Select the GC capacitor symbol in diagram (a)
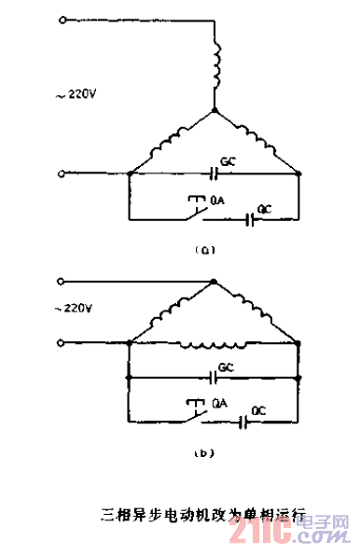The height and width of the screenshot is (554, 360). click(x=216, y=173)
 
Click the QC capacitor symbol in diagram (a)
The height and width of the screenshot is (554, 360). click(x=250, y=220)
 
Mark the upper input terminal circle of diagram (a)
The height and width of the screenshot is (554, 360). click(x=62, y=18)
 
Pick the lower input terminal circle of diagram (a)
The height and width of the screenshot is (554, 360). click(x=62, y=173)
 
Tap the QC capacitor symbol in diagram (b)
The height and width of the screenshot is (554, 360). click(x=242, y=421)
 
